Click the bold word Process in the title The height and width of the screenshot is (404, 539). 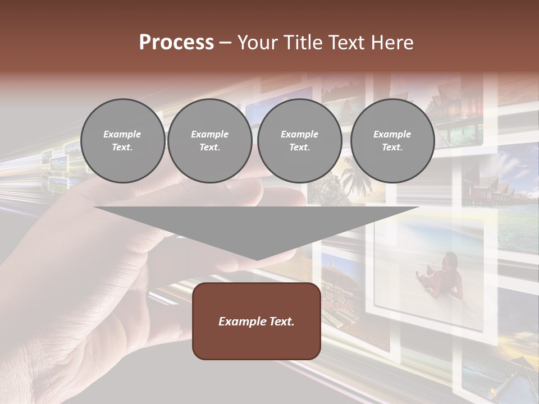pyautogui.click(x=176, y=43)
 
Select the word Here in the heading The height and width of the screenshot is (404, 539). pyautogui.click(x=392, y=43)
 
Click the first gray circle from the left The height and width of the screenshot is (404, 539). pyautogui.click(x=122, y=141)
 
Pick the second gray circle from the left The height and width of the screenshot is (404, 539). pyautogui.click(x=209, y=141)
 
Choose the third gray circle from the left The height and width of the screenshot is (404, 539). pyautogui.click(x=299, y=141)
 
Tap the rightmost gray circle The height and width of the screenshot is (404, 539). pyautogui.click(x=392, y=141)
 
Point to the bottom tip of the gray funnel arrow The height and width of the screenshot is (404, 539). pyautogui.click(x=257, y=259)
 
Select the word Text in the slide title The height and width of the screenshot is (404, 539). pyautogui.click(x=348, y=43)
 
